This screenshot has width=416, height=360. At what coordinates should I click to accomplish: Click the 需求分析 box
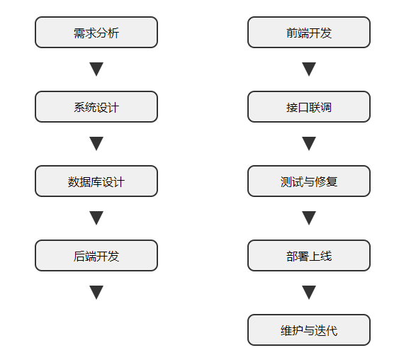point(96,33)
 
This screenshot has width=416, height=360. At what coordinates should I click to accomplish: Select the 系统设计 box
point(96,107)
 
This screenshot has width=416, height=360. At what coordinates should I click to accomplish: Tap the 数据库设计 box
point(96,181)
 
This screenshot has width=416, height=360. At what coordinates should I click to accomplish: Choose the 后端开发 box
point(96,256)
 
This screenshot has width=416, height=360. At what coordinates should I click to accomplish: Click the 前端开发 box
point(309,33)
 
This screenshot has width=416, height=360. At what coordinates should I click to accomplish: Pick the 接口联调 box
point(309,107)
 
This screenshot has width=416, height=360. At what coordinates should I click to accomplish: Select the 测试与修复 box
point(309,181)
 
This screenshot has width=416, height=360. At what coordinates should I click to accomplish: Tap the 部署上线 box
point(309,256)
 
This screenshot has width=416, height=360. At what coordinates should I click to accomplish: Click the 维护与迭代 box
point(309,330)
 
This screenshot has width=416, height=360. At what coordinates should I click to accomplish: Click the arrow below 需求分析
point(96,69)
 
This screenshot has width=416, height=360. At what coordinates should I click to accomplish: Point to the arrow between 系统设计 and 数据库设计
point(96,144)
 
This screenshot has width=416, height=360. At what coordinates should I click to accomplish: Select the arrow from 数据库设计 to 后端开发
point(96,218)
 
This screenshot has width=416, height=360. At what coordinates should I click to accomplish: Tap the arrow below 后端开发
point(96,293)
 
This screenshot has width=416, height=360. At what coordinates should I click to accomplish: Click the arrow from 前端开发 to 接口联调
point(309,69)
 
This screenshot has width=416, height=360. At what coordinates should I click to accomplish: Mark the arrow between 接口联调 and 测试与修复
point(309,144)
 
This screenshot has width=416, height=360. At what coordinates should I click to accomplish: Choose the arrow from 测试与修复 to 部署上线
point(309,218)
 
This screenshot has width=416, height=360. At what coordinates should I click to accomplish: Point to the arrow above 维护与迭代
point(309,293)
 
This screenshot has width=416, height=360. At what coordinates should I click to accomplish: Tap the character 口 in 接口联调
point(303,108)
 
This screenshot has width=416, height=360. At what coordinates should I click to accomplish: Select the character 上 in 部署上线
point(315,257)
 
